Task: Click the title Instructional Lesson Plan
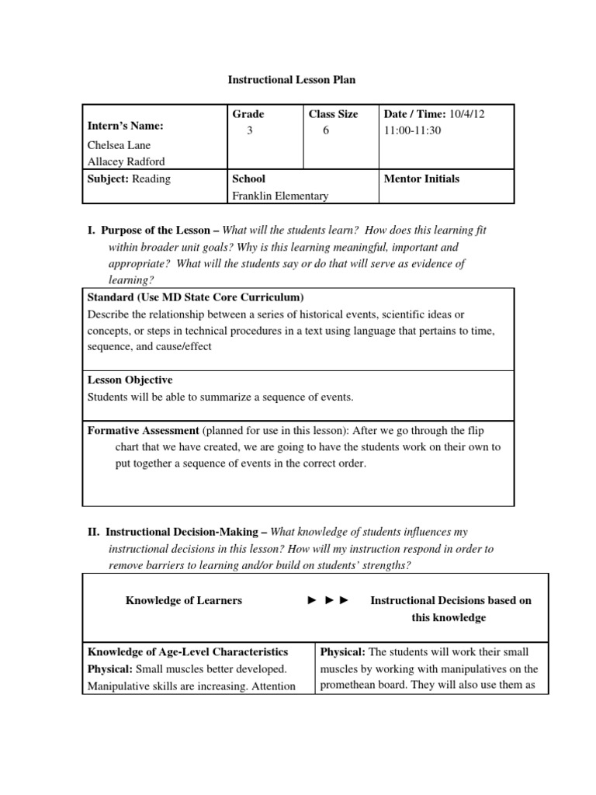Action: pos(291,79)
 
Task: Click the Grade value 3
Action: pos(249,131)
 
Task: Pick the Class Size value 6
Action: pos(326,131)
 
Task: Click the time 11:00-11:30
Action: pos(412,130)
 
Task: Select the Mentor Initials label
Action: pos(421,179)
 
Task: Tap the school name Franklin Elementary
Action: pos(280,196)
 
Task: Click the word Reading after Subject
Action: pos(151,179)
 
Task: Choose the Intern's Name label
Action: pos(125,127)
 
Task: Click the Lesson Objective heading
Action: pos(130,380)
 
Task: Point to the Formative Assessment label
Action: pos(143,430)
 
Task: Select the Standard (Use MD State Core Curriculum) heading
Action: pos(196,297)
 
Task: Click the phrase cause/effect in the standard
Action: pos(179,347)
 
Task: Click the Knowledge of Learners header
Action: pos(184,600)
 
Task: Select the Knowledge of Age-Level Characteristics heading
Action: pos(188,652)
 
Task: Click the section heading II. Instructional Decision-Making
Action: pos(186,532)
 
